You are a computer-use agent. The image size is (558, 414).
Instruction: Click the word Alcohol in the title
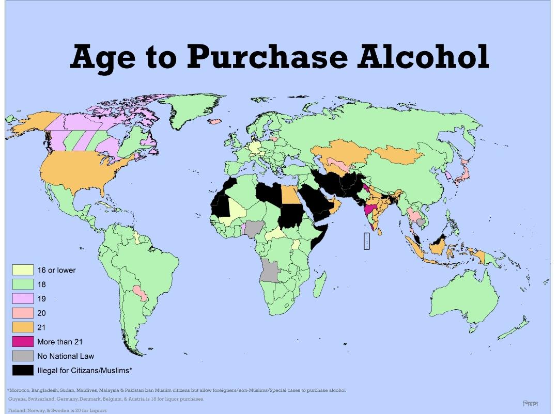[x=423, y=57]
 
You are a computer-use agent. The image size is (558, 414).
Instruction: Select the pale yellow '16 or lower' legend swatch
[x=23, y=270]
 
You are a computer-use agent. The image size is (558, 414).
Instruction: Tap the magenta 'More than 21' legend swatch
[x=23, y=342]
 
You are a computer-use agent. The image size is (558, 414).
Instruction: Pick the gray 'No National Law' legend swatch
[x=23, y=356]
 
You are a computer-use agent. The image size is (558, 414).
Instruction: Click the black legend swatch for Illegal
[x=23, y=371]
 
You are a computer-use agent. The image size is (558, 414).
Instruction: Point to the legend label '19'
[x=41, y=299]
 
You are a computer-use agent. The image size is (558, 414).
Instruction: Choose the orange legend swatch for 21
[x=23, y=327]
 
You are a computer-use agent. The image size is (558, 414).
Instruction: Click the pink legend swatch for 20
[x=23, y=313]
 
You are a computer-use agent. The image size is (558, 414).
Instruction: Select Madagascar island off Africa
[x=320, y=284]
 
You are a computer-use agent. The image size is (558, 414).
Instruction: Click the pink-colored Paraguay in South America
[x=140, y=292]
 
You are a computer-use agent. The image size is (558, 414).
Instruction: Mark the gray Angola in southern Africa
[x=270, y=269]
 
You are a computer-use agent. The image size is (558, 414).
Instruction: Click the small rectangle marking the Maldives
[x=366, y=241]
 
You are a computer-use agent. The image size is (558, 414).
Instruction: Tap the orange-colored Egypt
[x=289, y=194]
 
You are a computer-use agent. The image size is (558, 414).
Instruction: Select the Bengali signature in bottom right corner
[x=530, y=404]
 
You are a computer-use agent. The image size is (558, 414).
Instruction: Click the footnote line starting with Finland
[x=57, y=410]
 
